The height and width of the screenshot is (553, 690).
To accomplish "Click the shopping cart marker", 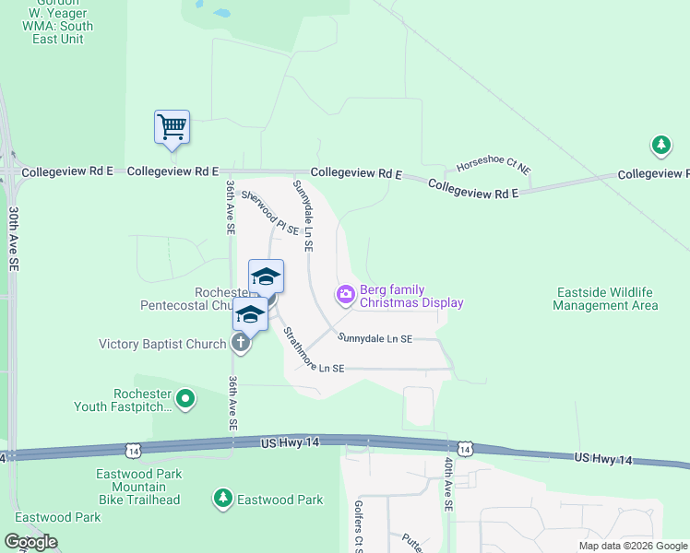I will tap(172, 127).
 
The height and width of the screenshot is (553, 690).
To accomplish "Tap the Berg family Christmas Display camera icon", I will tap(346, 295).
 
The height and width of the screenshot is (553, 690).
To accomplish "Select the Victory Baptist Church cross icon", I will tap(241, 344).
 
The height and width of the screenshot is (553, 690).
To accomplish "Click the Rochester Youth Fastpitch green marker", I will tap(186, 399).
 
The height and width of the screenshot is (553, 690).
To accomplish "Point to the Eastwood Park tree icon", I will tap(222, 500).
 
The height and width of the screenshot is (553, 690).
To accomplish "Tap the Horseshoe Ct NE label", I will tap(494, 169).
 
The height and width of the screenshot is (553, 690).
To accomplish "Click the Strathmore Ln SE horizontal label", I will tap(314, 368).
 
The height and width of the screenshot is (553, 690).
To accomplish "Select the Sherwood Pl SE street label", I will tap(270, 212).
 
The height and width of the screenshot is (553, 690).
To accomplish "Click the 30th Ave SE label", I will tap(14, 237).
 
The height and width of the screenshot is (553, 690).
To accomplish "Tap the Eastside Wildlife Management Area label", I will tap(606, 299).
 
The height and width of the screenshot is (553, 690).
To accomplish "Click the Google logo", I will tap(30, 542).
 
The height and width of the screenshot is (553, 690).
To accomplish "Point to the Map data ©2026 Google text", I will tap(633, 546).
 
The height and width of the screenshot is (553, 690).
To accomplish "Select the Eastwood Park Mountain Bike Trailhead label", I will tap(137, 487).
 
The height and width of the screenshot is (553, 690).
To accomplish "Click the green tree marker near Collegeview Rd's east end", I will tap(660, 145).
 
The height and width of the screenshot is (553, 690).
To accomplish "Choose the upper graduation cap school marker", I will tap(266, 276).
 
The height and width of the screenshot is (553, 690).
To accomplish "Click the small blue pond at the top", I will tap(221, 14).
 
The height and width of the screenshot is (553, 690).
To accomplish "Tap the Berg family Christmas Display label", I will tap(411, 296).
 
